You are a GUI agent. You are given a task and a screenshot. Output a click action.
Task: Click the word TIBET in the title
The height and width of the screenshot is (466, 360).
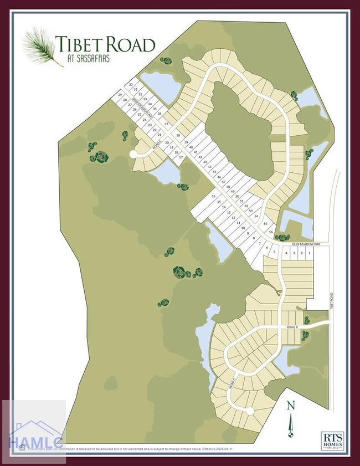[78, 43]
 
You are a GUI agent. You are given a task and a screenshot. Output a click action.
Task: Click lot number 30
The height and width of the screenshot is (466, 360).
[131, 85]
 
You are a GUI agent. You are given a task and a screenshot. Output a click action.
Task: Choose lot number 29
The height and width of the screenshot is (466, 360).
[119, 95]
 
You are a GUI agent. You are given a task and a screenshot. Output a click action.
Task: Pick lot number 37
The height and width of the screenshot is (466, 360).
[166, 124]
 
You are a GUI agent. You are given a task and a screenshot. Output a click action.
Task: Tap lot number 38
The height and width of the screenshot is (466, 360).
[178, 136]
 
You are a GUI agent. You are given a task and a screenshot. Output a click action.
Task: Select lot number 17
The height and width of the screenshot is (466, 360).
[181, 157]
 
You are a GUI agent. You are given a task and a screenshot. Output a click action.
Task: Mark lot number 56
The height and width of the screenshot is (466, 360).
[271, 232]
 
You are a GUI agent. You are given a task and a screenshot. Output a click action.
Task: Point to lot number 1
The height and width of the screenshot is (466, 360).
[308, 253]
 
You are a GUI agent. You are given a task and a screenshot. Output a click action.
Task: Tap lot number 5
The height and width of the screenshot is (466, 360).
[274, 252]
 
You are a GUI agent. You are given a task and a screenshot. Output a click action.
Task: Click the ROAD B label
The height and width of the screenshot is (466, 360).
[292, 327]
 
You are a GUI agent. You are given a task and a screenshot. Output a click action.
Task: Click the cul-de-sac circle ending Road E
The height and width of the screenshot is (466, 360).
[133, 155]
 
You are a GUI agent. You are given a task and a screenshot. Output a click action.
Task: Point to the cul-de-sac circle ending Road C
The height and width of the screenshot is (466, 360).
[250, 411]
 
